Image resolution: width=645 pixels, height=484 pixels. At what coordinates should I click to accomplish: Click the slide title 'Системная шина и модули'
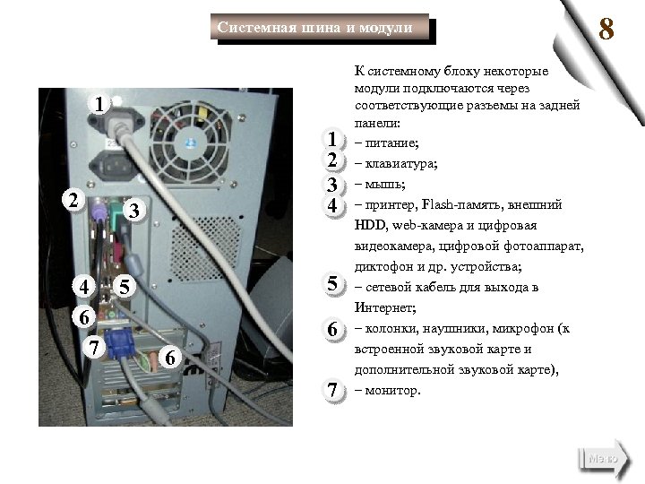315,29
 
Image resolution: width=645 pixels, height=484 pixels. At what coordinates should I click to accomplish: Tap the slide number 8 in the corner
606,31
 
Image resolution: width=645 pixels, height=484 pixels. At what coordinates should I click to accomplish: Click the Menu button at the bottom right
602,458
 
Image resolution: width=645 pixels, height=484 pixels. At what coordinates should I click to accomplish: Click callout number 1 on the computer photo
101,105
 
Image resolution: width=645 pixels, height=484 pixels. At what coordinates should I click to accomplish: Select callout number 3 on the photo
132,212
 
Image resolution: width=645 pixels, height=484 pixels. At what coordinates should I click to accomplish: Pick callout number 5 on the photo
125,288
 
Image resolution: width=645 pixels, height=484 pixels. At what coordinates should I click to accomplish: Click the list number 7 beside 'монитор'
332,390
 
